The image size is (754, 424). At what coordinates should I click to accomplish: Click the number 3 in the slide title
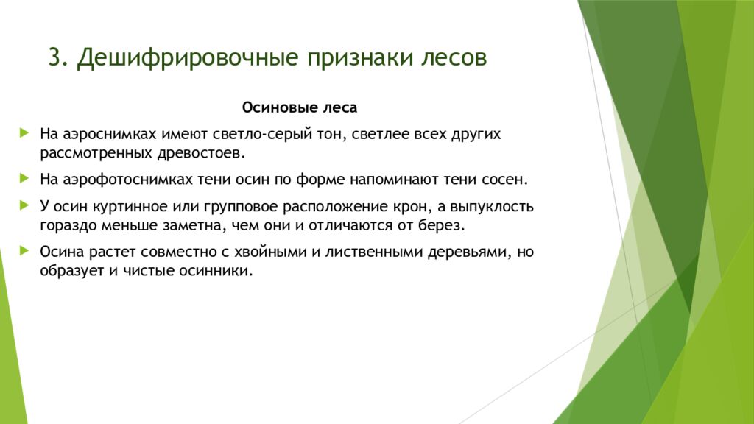coord(54,58)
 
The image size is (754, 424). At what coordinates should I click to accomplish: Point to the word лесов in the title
coord(454,58)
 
